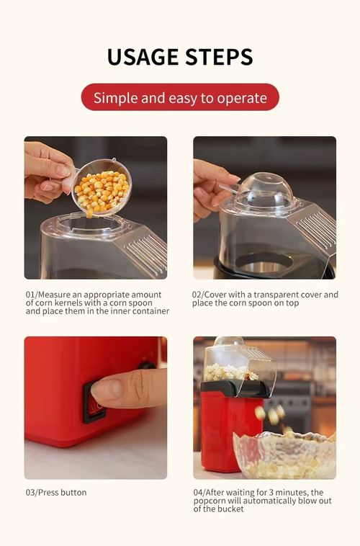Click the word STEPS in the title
pos(218,57)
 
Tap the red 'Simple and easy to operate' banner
pos(180,97)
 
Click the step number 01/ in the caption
pos(32,295)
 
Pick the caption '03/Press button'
pos(56,493)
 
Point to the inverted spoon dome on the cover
pos(264,189)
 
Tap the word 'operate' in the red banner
pos(243,97)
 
